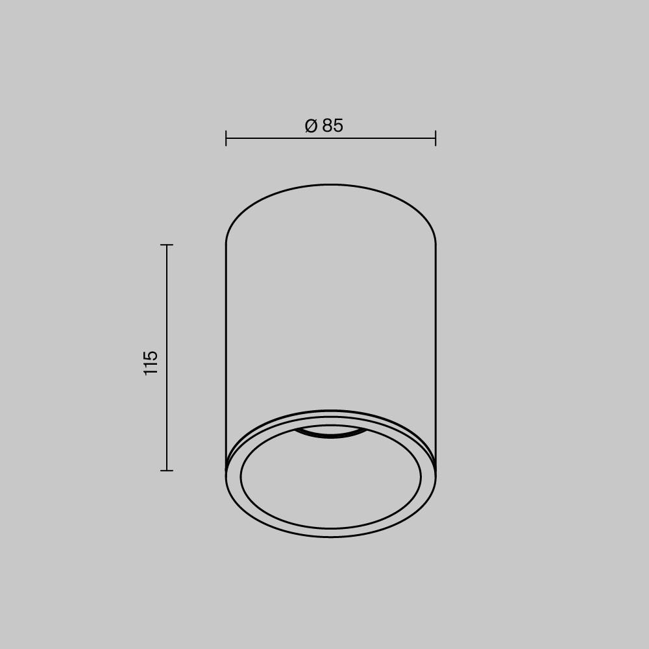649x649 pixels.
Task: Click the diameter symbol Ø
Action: pyautogui.click(x=311, y=126)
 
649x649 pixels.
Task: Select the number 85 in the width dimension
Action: pyautogui.click(x=332, y=126)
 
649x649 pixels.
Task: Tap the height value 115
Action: pyautogui.click(x=151, y=363)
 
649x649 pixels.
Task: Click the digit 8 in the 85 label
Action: pyautogui.click(x=326, y=126)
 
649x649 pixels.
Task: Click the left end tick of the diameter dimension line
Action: pyautogui.click(x=226, y=138)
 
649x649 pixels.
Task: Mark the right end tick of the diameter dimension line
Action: pyautogui.click(x=435, y=138)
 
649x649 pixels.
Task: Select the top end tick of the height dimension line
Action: pyautogui.click(x=167, y=245)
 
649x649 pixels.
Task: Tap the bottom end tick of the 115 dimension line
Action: pyautogui.click(x=167, y=471)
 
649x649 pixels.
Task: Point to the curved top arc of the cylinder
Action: pyautogui.click(x=331, y=185)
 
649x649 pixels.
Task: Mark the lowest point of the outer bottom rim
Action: pyautogui.click(x=331, y=537)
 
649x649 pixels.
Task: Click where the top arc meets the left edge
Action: pyautogui.click(x=226, y=245)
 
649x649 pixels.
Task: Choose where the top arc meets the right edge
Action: pyautogui.click(x=435, y=245)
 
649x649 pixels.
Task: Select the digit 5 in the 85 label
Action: pyautogui.click(x=338, y=126)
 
